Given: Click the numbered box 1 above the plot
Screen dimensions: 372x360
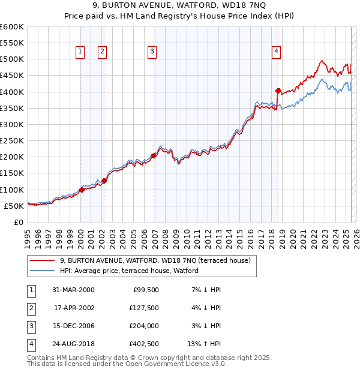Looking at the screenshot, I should [80, 52].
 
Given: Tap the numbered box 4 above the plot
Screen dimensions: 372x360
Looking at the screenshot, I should [276, 52].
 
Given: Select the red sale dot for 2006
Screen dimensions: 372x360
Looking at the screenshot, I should [154, 155].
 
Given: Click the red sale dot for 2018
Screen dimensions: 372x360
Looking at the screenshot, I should [278, 91].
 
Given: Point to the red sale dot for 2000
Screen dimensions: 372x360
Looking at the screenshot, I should [82, 190].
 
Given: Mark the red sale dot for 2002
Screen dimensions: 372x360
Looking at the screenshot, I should [104, 180].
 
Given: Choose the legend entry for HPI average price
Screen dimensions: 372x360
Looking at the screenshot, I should [129, 271].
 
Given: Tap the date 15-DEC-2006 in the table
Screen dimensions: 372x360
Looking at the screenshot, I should [73, 326].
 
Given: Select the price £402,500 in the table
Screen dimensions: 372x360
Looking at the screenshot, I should [144, 345].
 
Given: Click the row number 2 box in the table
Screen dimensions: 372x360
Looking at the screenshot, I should [31, 308].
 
